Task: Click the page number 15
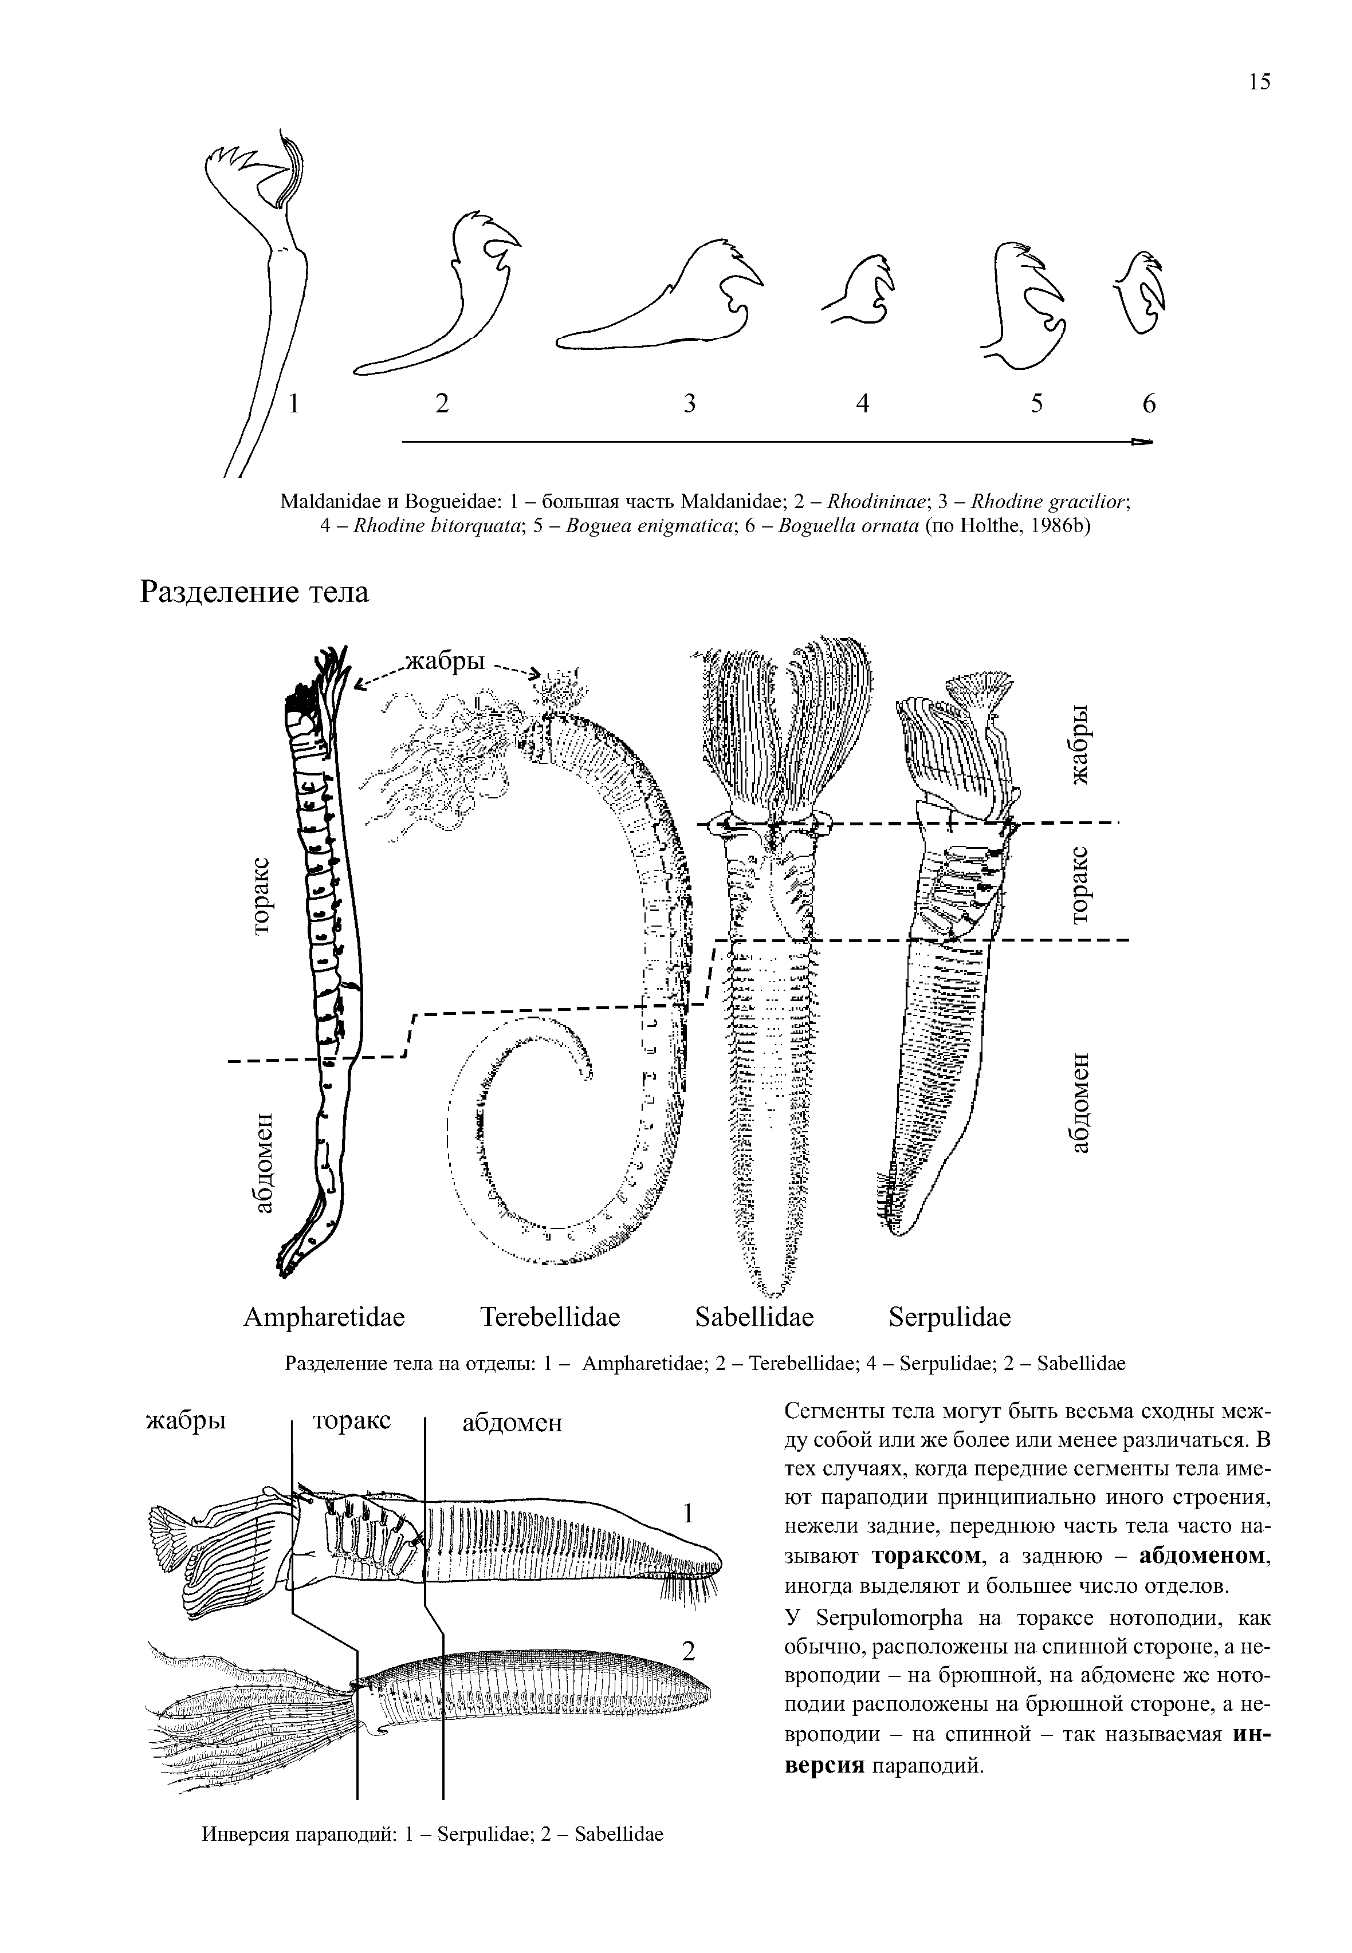click(1258, 81)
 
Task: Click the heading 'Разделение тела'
click(254, 592)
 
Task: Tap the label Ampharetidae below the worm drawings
click(324, 1318)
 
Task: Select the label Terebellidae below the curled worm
click(551, 1318)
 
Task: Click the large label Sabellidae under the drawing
click(754, 1318)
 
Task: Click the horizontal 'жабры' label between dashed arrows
click(446, 661)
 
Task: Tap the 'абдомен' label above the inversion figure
click(512, 1422)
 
